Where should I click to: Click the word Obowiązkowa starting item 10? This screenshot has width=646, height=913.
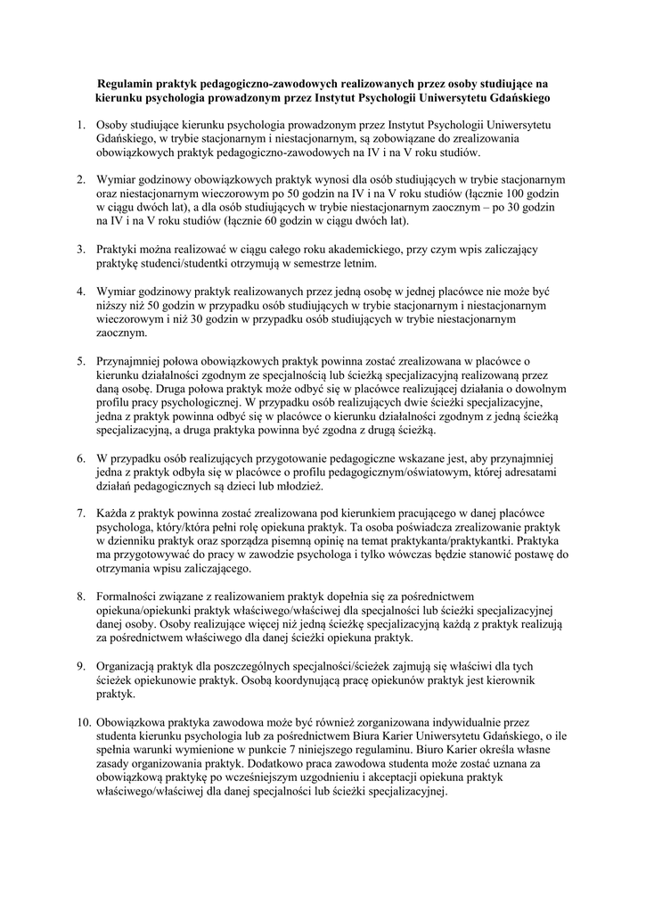coord(137,723)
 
